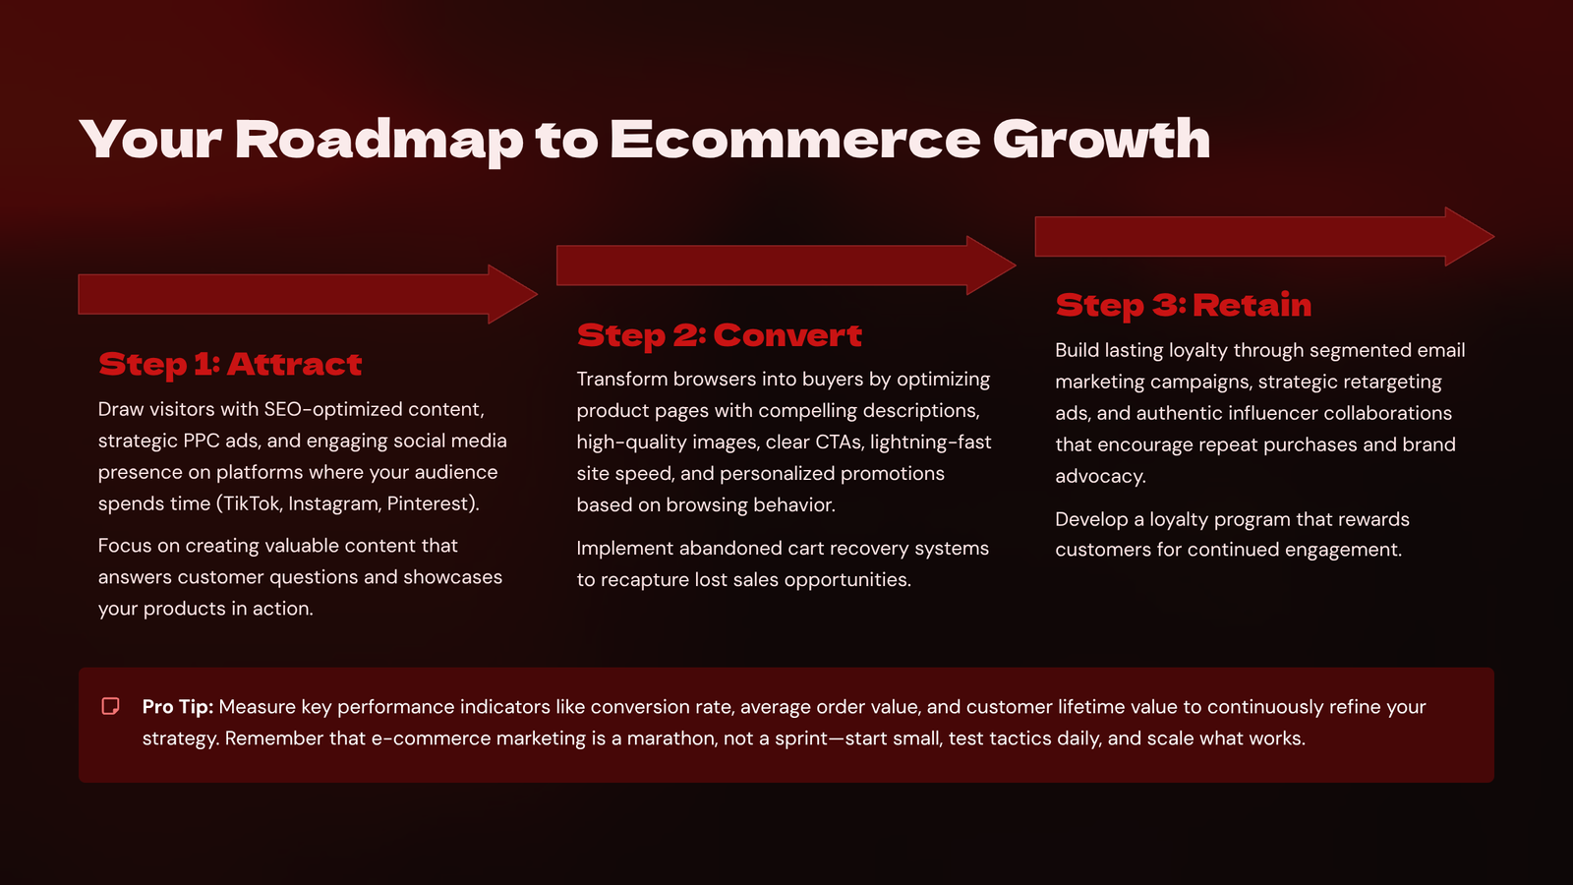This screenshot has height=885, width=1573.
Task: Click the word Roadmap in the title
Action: coord(379,141)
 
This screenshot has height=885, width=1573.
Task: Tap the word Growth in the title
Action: coord(1101,139)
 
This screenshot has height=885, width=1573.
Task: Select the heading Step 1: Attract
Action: coord(230,365)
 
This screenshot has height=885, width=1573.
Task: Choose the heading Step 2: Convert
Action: coord(719,335)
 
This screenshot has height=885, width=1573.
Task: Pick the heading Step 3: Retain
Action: coord(1184,306)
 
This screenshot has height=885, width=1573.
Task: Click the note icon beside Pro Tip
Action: coord(110,706)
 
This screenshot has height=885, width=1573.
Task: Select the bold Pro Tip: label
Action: coord(178,707)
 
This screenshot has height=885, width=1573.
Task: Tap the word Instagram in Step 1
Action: coord(334,504)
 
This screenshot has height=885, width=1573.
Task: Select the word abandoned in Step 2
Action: coord(722,548)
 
